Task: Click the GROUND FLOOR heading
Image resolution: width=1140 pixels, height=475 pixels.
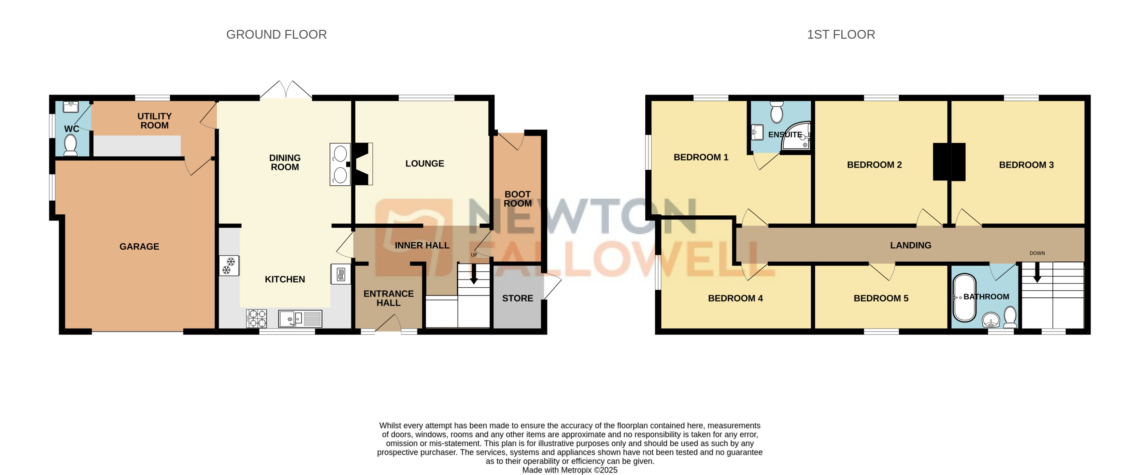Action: click(276, 35)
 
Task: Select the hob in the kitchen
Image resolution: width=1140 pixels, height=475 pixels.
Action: click(257, 318)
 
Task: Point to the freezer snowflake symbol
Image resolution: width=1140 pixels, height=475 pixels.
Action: click(229, 266)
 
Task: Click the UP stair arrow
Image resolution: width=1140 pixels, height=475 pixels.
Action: click(474, 274)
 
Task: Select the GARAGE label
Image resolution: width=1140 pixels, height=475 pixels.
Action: click(139, 247)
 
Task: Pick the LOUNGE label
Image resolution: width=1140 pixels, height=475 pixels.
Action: click(424, 163)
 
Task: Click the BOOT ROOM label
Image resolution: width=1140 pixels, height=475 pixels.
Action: click(517, 199)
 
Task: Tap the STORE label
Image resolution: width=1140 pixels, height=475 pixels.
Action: click(517, 298)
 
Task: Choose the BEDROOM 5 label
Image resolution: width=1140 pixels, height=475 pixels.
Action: click(881, 298)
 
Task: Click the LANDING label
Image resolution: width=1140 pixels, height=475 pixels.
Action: click(910, 245)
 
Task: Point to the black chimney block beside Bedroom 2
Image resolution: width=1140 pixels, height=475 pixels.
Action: click(949, 162)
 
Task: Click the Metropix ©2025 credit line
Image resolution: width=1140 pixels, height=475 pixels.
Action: click(570, 470)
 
